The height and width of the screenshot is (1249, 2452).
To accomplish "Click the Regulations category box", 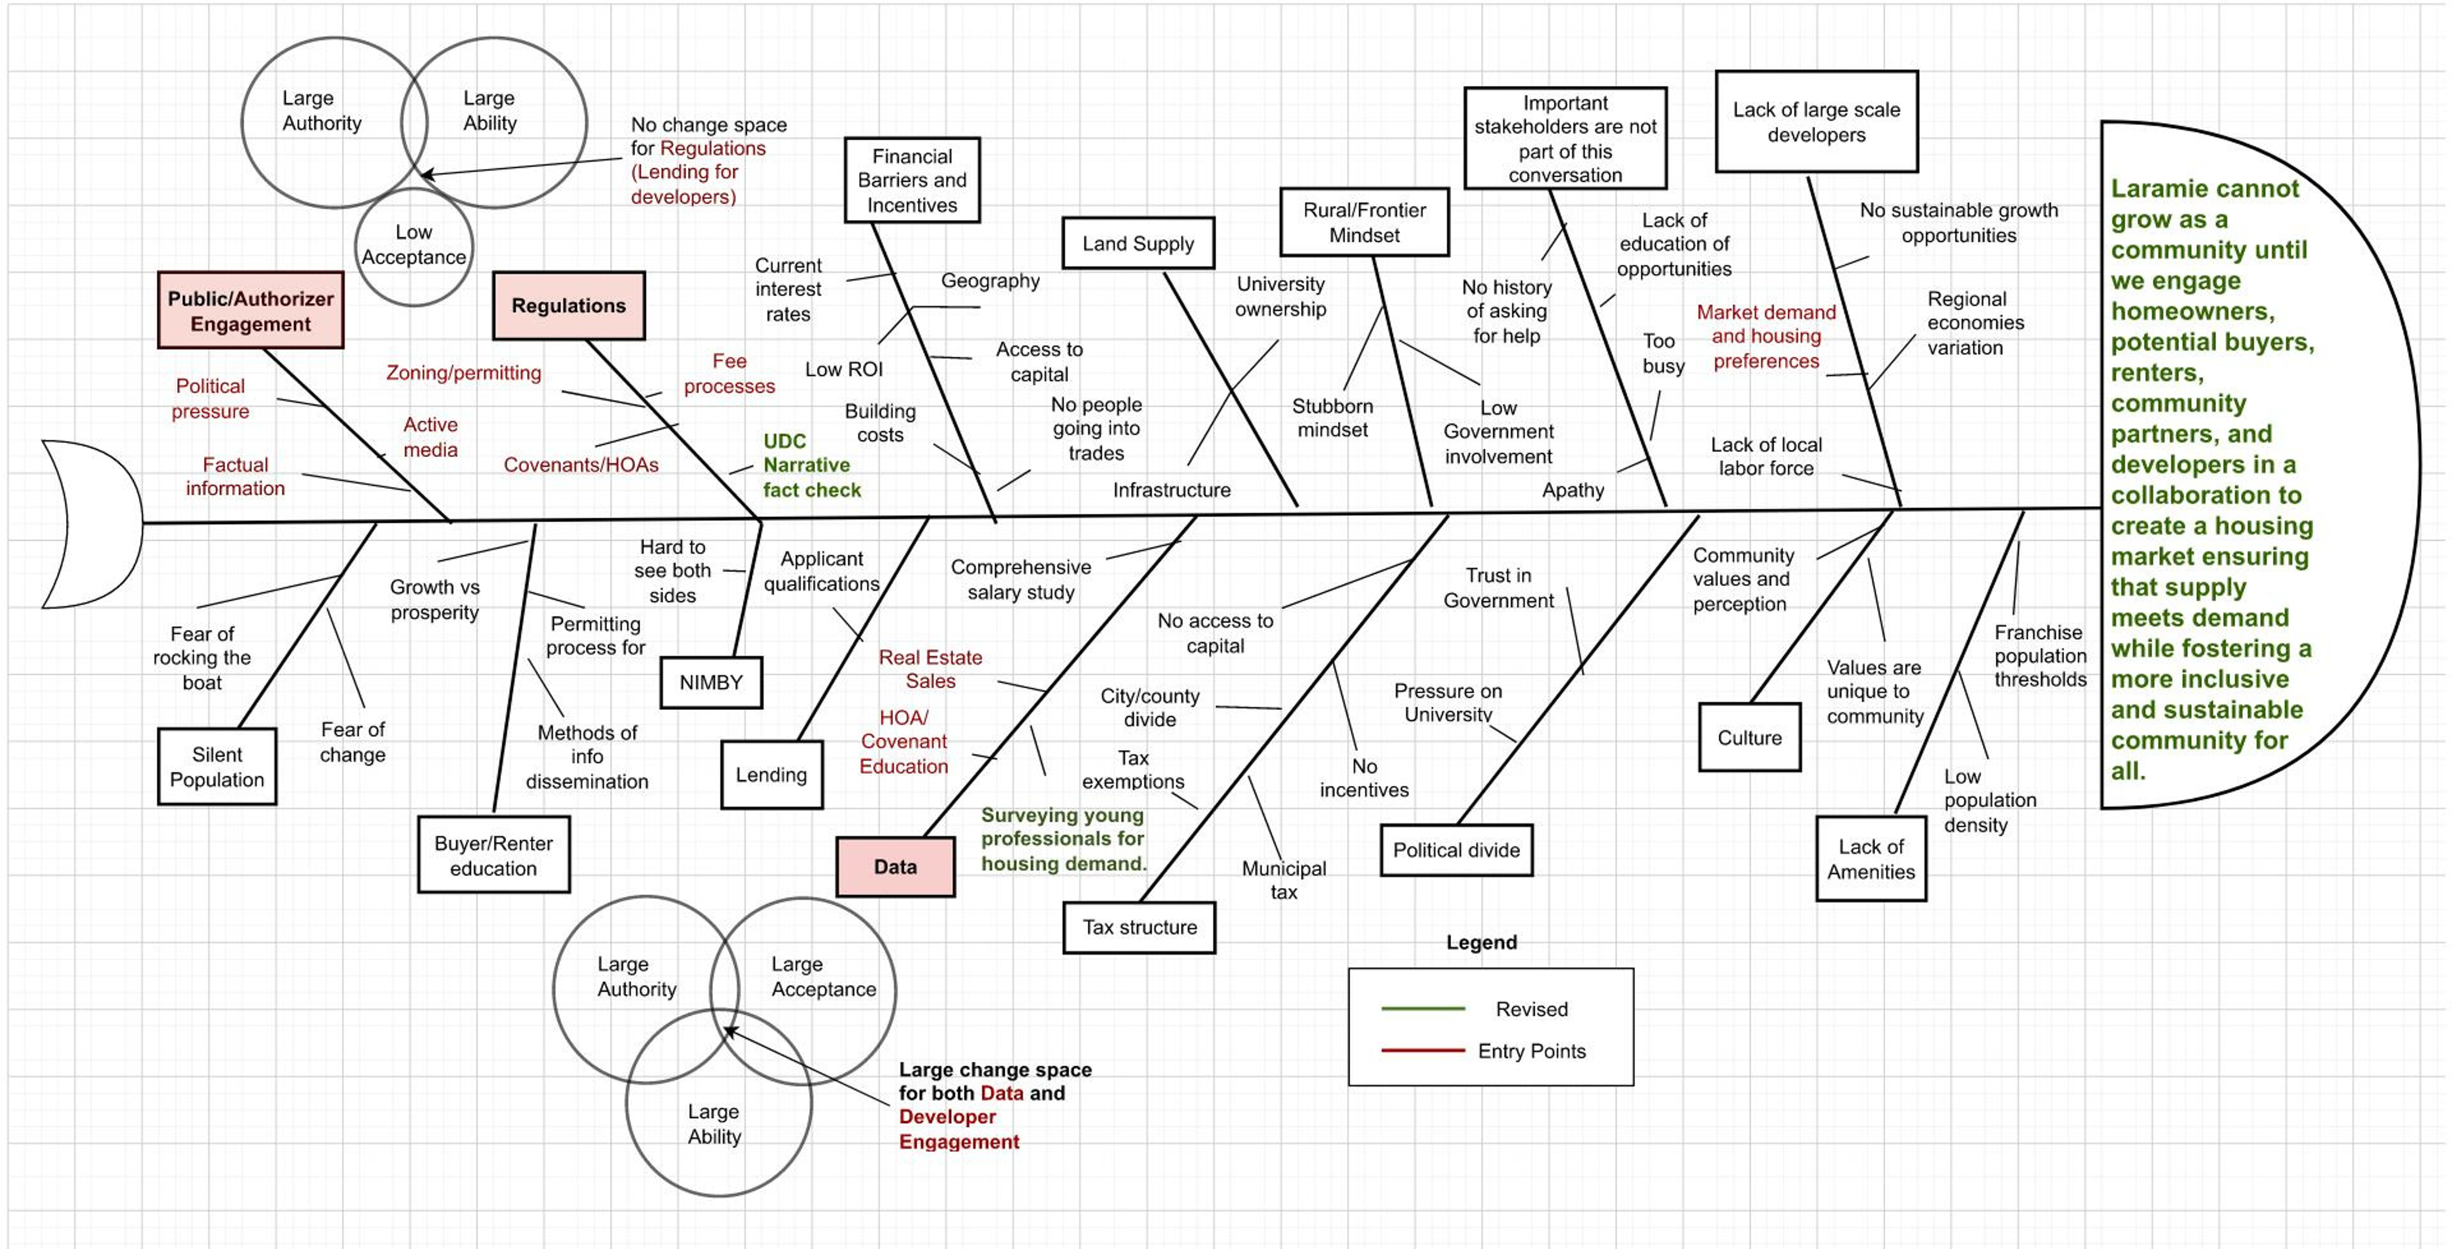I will pyautogui.click(x=568, y=305).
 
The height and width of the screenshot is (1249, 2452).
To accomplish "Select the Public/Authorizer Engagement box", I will pyautogui.click(x=250, y=310).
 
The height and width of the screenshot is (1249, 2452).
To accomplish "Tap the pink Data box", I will pyautogui.click(x=895, y=866).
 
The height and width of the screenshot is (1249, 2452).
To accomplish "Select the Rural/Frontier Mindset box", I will pyautogui.click(x=1364, y=223).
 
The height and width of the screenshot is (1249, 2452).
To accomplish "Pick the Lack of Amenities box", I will pyautogui.click(x=1870, y=859).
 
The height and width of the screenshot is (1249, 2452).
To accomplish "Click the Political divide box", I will pyautogui.click(x=1456, y=850).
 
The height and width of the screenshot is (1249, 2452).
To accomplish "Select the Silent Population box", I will pyautogui.click(x=217, y=766).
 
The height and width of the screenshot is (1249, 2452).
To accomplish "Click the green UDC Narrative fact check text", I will pyautogui.click(x=811, y=465).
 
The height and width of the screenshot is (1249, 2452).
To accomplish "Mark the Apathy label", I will pyautogui.click(x=1573, y=490).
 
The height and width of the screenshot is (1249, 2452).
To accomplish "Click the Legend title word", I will pyautogui.click(x=1481, y=942).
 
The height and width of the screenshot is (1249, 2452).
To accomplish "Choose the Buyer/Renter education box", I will pyautogui.click(x=493, y=855).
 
